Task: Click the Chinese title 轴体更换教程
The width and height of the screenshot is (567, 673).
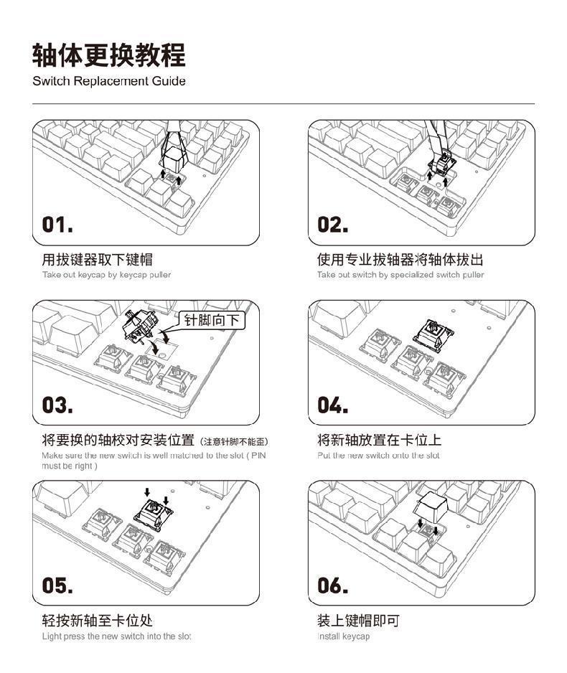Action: click(x=109, y=55)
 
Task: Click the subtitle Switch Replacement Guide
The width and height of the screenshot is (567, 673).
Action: click(x=109, y=81)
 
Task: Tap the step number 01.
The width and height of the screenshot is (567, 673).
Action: click(x=57, y=225)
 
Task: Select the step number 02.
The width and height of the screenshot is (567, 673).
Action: click(x=333, y=225)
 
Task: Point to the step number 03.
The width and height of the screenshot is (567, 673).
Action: click(x=57, y=405)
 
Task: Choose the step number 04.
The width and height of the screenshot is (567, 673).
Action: click(x=334, y=405)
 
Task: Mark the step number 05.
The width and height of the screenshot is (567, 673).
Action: click(x=57, y=585)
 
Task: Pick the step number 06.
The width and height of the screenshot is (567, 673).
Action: click(x=334, y=585)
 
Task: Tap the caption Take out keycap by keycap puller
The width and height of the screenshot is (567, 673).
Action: click(x=106, y=275)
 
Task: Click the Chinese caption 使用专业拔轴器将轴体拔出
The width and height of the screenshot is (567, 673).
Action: click(x=400, y=259)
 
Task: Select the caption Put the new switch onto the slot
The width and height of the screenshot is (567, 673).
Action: click(x=378, y=456)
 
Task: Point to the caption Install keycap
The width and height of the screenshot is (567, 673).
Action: click(x=343, y=636)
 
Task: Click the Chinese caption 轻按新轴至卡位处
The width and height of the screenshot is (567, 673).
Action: click(x=97, y=620)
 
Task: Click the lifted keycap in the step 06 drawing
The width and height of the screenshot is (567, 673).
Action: click(x=431, y=508)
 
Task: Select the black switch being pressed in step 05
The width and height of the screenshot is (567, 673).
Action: click(x=155, y=513)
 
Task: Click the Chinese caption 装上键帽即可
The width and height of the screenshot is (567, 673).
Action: click(x=358, y=620)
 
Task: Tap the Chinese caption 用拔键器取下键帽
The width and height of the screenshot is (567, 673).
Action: click(x=97, y=259)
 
